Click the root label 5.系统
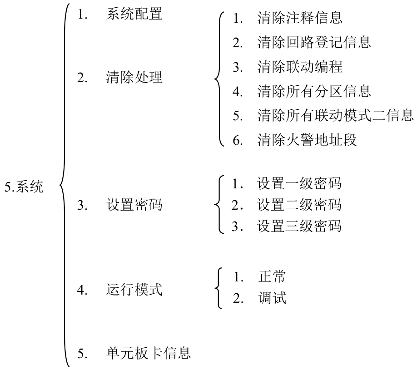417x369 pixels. pos(24,187)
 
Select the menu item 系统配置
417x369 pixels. pos(134,14)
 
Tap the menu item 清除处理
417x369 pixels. pos(134,77)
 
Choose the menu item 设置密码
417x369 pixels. pos(134,205)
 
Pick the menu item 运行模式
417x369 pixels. pos(134,290)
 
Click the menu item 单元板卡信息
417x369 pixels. pos(149,353)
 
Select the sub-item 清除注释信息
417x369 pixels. pos(300,18)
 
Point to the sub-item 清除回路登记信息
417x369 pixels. pos(314,42)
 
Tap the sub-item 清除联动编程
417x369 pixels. pos(300,67)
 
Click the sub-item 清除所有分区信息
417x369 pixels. pos(314,91)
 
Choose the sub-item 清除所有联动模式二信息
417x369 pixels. pos(335,115)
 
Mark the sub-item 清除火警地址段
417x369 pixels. pos(307,140)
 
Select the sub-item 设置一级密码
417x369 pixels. pos(299,183)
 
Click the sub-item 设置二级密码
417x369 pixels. pos(299,205)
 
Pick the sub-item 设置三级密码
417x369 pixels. pos(299,226)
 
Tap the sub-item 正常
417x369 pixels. pos(272,276)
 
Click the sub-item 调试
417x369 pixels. pos(272,298)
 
